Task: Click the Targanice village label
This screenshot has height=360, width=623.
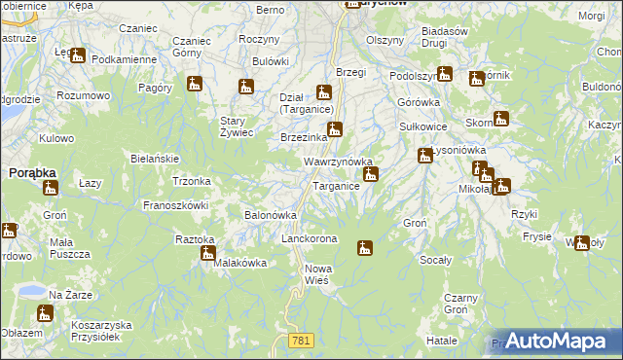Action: tap(336, 185)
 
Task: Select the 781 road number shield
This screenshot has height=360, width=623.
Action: tap(300, 339)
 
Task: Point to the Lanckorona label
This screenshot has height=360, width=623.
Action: tap(309, 238)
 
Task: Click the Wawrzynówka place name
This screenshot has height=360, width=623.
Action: tap(339, 162)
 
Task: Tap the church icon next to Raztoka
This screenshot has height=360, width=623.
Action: tap(207, 254)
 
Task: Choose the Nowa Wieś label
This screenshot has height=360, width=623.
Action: tap(318, 273)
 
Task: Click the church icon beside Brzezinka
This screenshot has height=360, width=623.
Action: tap(334, 129)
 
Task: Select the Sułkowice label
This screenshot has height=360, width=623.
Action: tap(423, 126)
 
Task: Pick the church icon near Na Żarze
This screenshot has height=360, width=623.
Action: tap(44, 313)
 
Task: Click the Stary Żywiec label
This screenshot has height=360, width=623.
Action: tap(237, 126)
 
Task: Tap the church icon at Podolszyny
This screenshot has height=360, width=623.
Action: tap(445, 73)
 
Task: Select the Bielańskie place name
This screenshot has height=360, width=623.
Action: tap(153, 158)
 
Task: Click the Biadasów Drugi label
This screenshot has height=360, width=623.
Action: tap(448, 38)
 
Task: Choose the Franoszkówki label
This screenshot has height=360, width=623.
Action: tap(176, 205)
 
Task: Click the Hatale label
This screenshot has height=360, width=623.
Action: tap(441, 342)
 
